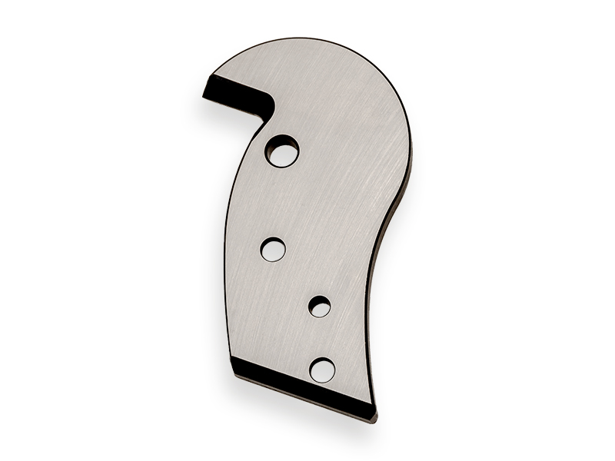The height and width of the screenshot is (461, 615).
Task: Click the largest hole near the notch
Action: pos(282,151)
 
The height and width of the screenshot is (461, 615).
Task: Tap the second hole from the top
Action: pos(273,249)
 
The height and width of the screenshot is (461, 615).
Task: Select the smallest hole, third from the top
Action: pos(320,307)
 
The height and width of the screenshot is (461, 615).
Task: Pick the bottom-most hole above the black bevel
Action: pos(322,370)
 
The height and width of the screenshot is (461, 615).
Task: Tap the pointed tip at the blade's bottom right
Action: pos(375,420)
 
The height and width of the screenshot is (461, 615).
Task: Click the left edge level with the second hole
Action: pos(227,249)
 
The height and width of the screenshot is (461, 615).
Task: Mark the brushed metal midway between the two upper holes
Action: pos(278,200)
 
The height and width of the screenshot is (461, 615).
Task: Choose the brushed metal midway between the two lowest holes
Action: pos(321,338)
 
